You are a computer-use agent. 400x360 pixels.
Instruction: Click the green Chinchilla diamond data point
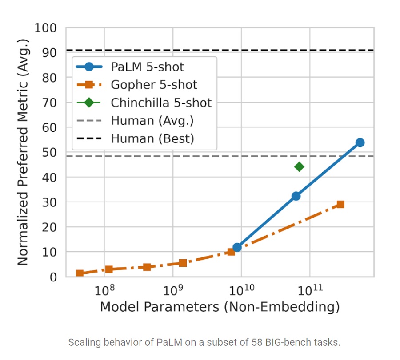(x=299, y=167)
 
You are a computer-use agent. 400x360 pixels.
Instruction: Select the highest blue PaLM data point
(x=360, y=142)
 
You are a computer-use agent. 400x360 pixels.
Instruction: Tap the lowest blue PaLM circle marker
(x=237, y=247)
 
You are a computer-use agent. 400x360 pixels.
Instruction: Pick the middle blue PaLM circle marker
(x=296, y=196)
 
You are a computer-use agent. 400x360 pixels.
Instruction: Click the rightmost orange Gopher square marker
(x=340, y=204)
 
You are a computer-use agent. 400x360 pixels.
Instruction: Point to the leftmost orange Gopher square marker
(x=80, y=273)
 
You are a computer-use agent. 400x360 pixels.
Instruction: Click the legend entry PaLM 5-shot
(x=147, y=67)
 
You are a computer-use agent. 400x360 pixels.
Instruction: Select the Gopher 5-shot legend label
(x=154, y=85)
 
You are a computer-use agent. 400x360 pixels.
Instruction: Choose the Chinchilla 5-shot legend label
(x=161, y=103)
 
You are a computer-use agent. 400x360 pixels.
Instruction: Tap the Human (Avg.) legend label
(x=152, y=120)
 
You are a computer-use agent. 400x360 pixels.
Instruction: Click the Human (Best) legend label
(x=152, y=138)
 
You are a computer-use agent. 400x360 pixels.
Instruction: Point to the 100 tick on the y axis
(x=45, y=28)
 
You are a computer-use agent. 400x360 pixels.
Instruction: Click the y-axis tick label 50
(x=49, y=152)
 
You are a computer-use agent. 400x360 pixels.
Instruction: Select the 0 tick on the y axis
(x=53, y=277)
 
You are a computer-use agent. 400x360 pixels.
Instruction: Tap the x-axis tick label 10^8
(x=104, y=290)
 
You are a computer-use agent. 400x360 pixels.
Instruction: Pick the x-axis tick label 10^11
(x=310, y=290)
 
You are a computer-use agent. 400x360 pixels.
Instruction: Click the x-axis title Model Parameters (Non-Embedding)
(x=220, y=306)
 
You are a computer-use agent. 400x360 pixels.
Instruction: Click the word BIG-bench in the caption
(x=288, y=343)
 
